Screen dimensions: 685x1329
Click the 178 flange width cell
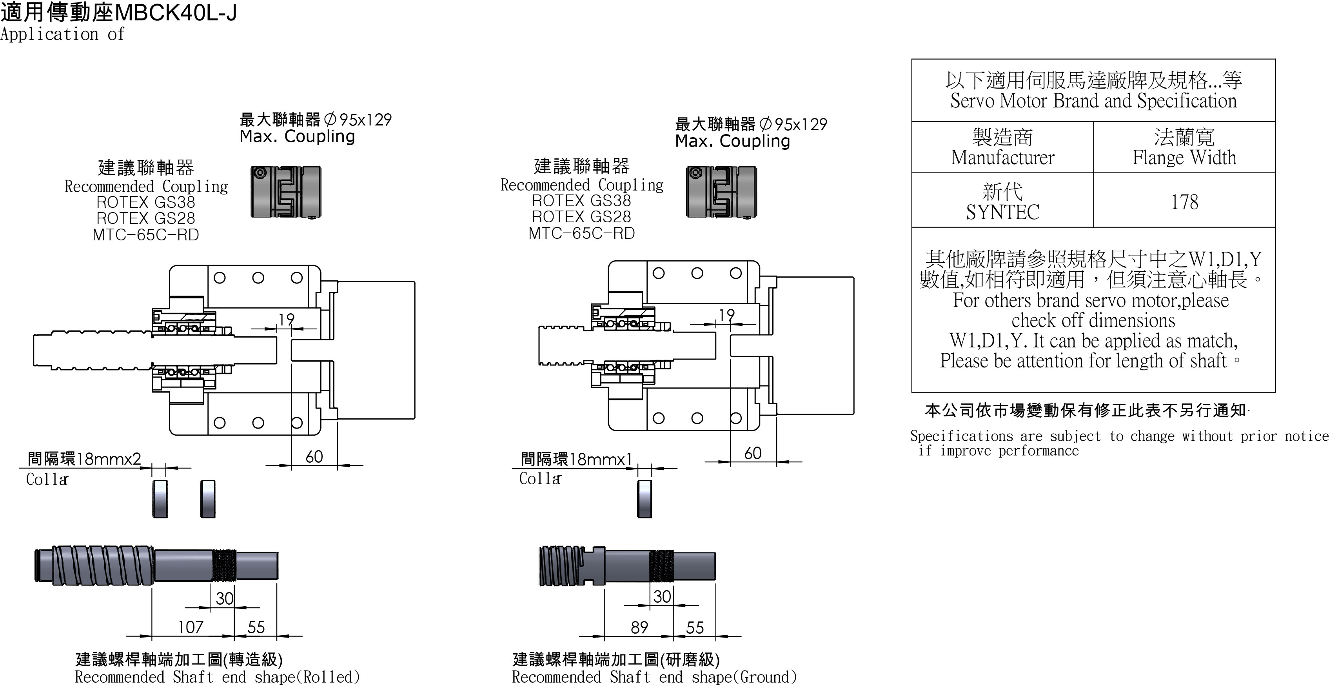1184,202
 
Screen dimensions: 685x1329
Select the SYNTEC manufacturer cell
1002,211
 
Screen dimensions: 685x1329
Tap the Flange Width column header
1184,157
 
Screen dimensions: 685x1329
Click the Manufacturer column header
1002,157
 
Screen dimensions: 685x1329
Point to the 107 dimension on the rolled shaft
191,627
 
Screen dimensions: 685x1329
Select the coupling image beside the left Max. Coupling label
286,192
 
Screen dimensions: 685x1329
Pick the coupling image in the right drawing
721,192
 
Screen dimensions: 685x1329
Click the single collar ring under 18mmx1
645,499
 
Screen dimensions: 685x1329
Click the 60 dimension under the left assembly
314,456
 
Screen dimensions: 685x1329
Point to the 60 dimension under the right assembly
753,453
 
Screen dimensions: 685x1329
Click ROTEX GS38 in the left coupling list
145,202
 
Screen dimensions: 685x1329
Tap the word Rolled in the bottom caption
328,677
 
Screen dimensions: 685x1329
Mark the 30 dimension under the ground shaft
662,597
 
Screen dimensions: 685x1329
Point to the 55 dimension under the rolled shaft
256,627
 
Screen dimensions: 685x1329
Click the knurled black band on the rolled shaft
224,565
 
